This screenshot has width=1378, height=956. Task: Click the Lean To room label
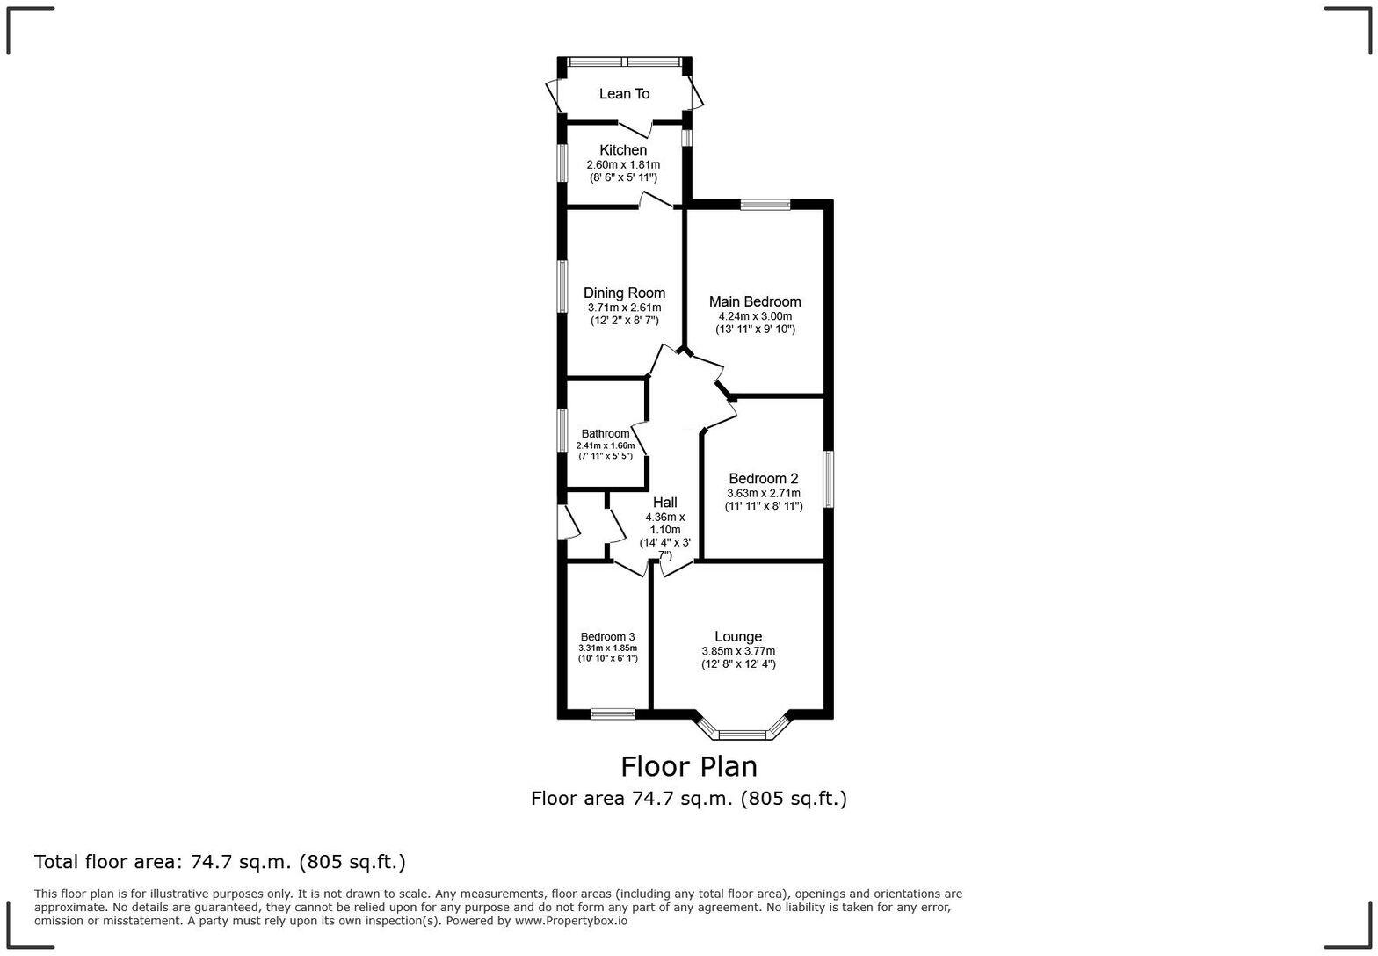pyautogui.click(x=624, y=94)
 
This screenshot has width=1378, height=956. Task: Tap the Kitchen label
pyautogui.click(x=623, y=150)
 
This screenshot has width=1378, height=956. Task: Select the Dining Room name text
pyautogui.click(x=624, y=293)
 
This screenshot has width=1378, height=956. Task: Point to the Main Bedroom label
pyautogui.click(x=755, y=301)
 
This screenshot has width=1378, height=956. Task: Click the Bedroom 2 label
pyautogui.click(x=763, y=479)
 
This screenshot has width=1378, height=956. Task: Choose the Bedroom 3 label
pyautogui.click(x=607, y=637)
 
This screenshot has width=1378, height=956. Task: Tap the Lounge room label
pyautogui.click(x=738, y=636)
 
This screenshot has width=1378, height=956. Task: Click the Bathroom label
pyautogui.click(x=606, y=434)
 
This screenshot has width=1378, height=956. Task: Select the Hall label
pyautogui.click(x=664, y=503)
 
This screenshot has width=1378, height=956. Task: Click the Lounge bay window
pyautogui.click(x=743, y=734)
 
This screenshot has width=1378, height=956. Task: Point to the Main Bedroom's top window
pyautogui.click(x=765, y=206)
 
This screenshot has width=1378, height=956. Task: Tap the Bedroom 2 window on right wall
pyautogui.click(x=827, y=479)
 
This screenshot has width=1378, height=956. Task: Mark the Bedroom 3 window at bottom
pyautogui.click(x=613, y=713)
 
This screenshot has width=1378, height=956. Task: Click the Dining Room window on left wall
pyautogui.click(x=562, y=286)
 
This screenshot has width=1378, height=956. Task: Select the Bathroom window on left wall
pyautogui.click(x=562, y=431)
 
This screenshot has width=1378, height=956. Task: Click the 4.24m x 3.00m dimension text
pyautogui.click(x=755, y=316)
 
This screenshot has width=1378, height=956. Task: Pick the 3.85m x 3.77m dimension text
pyautogui.click(x=738, y=651)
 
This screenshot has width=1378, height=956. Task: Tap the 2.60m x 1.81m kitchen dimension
pyautogui.click(x=623, y=164)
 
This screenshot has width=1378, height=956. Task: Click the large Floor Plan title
pyautogui.click(x=689, y=766)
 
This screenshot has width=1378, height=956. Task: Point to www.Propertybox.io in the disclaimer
pyautogui.click(x=570, y=921)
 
